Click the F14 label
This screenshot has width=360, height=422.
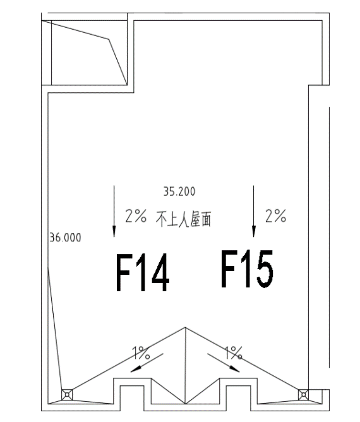pos(143,273)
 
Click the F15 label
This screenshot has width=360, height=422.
pos(247,269)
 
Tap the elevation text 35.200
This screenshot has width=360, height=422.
pos(179,191)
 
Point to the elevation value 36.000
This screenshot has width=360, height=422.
pos(66,238)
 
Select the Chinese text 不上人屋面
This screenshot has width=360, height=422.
pos(184,219)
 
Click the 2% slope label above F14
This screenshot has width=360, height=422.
pos(136,216)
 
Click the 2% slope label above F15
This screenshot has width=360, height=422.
pos(276,216)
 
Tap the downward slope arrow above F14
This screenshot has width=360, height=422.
pos(114,211)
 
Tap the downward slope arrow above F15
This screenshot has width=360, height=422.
pos(253,211)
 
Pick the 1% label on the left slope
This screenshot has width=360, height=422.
pos(141,353)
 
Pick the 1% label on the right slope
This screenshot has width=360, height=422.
pos(233,353)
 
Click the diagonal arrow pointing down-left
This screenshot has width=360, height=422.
pos(147,363)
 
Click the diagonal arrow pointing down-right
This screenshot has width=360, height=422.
pos(224,363)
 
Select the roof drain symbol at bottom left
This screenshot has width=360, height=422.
pos(67,395)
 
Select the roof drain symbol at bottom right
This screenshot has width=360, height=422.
pos(304,395)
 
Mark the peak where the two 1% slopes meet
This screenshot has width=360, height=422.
pos(186,327)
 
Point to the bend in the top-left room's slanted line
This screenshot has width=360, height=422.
pos(109,39)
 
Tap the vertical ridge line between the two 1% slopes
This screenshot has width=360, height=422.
pos(186,366)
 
